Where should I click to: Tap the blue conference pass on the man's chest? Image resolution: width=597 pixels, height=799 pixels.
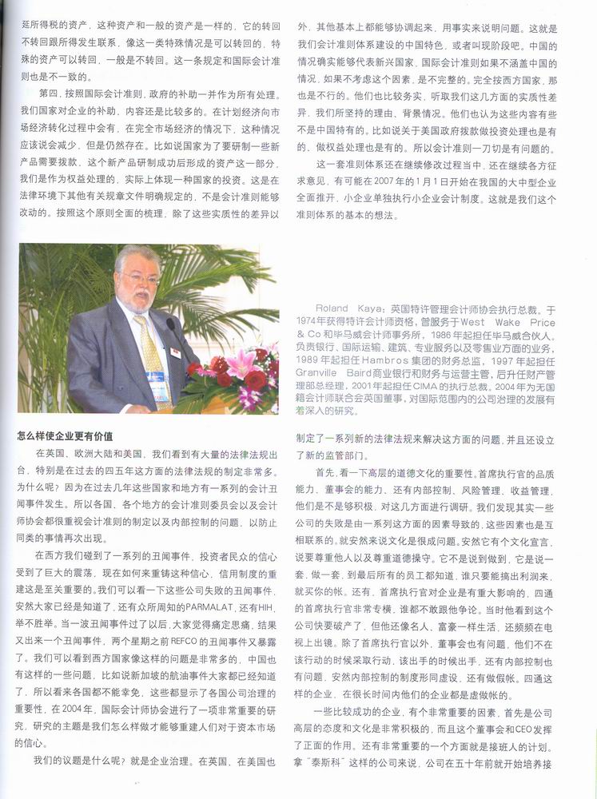coord(155,378)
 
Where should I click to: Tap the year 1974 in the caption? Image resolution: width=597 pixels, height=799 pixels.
coord(310,321)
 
